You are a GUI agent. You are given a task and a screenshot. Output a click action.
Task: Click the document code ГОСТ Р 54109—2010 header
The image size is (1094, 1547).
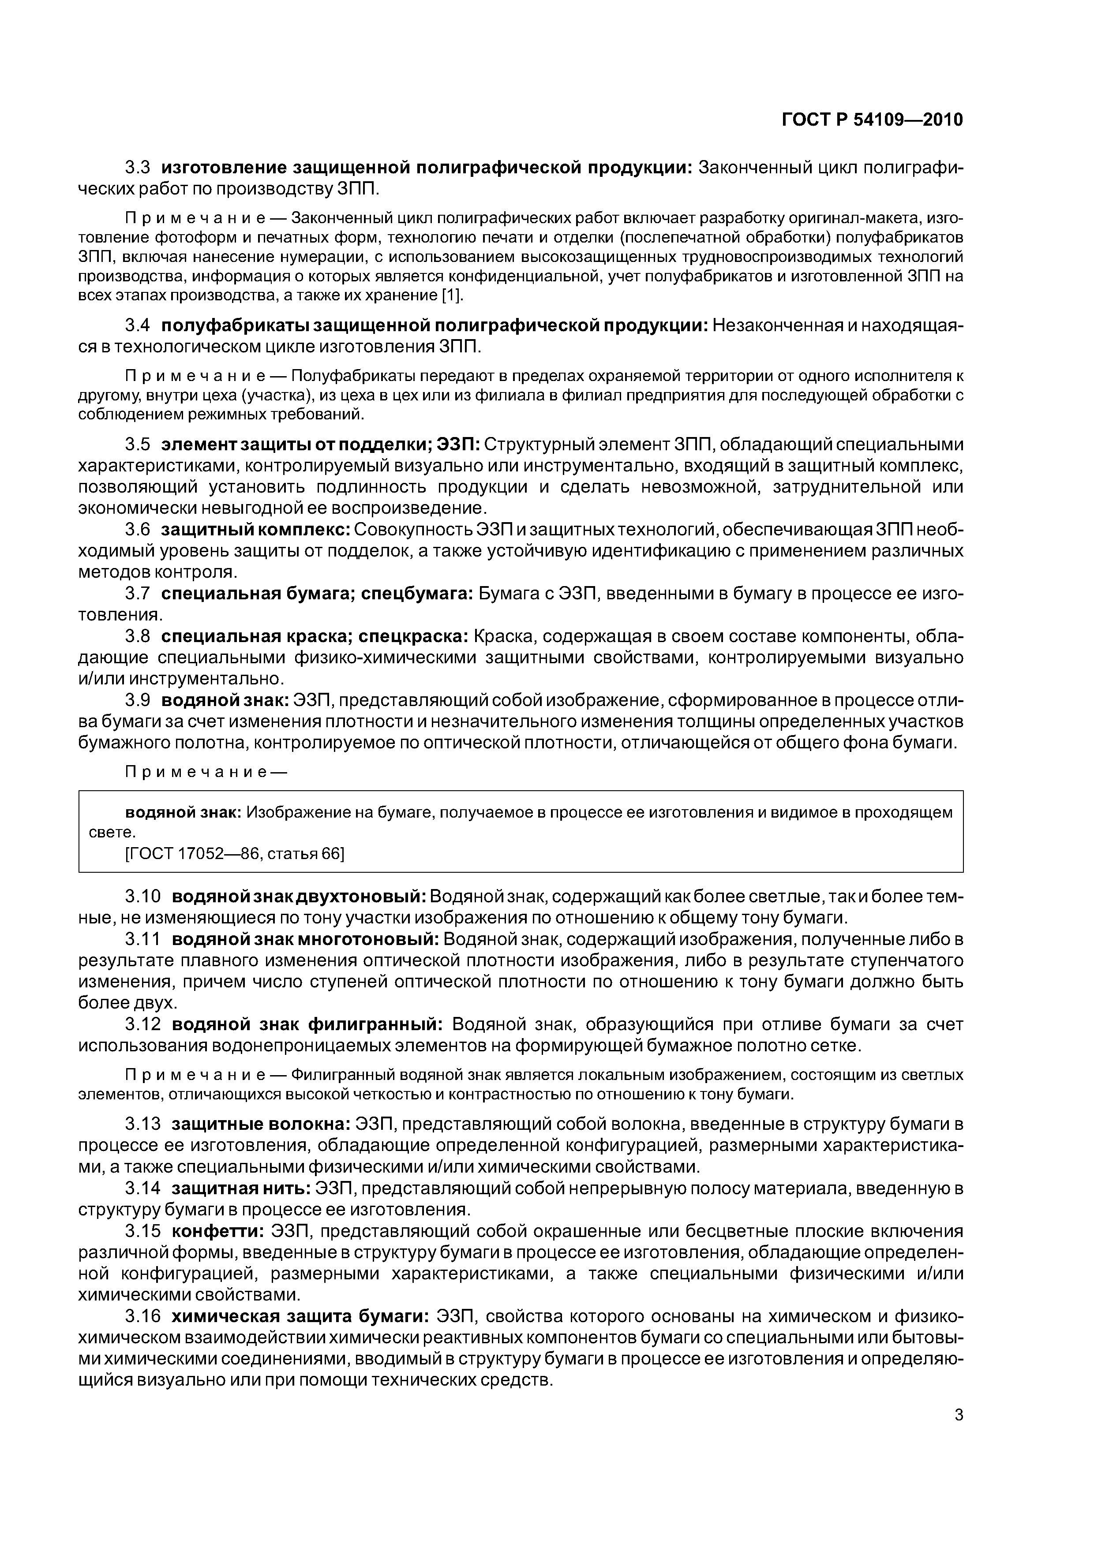(x=872, y=120)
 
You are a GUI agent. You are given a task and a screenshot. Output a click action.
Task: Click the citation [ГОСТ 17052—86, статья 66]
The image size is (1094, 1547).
(x=235, y=854)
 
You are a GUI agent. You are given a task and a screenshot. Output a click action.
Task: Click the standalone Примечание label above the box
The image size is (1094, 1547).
(x=206, y=773)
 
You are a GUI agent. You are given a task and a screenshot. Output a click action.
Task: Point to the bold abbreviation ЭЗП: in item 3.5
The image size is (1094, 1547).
(x=458, y=444)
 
